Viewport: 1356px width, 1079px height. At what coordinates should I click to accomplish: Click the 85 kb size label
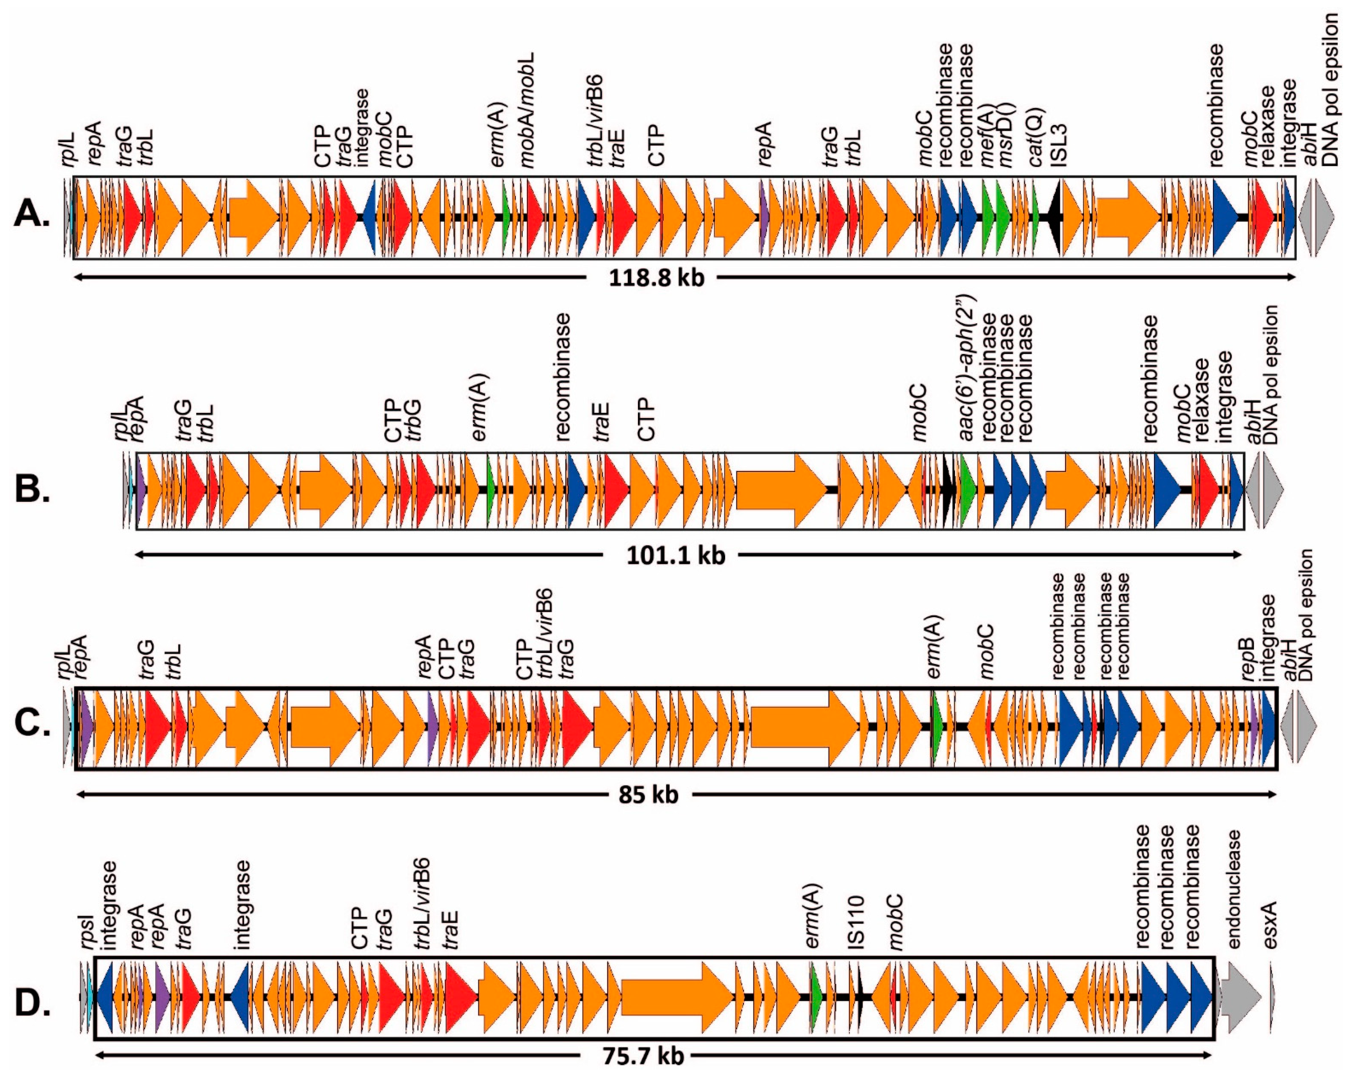click(648, 795)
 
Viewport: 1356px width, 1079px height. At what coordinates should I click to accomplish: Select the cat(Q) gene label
click(1037, 138)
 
